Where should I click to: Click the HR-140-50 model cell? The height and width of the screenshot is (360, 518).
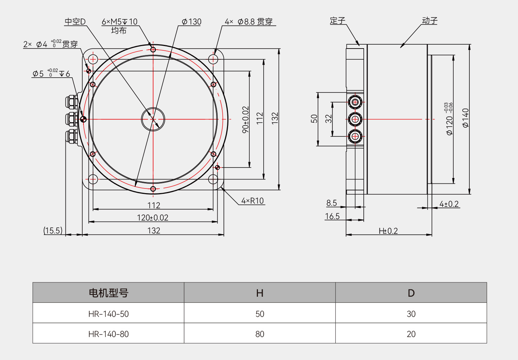(x=108, y=314)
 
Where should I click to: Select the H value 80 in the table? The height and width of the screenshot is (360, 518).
(x=260, y=334)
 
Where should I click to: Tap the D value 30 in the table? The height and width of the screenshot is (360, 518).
(x=411, y=314)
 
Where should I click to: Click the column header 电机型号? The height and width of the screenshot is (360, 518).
(x=108, y=293)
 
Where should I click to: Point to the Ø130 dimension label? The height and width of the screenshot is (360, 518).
(x=191, y=22)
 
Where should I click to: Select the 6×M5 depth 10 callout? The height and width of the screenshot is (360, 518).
(x=119, y=22)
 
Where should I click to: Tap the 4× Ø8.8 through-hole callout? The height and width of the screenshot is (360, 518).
(x=249, y=22)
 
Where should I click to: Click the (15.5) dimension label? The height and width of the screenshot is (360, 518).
(x=53, y=231)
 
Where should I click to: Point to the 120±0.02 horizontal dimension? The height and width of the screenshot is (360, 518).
(x=153, y=218)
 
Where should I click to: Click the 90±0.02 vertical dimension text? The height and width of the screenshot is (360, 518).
(x=245, y=119)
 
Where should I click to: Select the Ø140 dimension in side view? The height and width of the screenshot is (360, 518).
(x=465, y=118)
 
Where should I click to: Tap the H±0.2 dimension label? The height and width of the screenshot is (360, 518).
(x=388, y=231)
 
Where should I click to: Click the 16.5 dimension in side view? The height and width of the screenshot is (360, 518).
(x=332, y=216)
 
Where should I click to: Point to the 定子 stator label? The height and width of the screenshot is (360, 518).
(x=337, y=21)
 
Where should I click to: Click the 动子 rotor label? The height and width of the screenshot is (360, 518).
(x=430, y=21)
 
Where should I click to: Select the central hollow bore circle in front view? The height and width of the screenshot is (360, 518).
(x=153, y=119)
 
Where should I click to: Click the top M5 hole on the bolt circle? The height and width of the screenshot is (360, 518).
(x=153, y=50)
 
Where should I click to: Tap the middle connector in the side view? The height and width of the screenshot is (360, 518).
(x=355, y=119)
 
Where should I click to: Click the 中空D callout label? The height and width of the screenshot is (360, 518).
(x=75, y=22)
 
